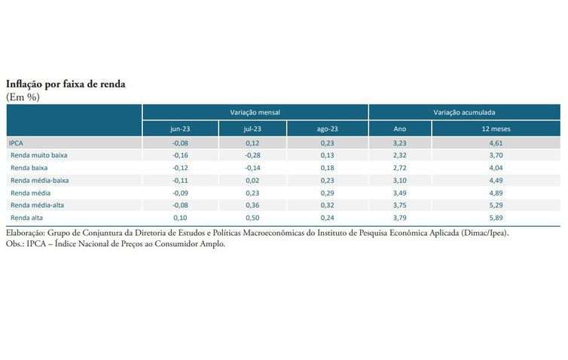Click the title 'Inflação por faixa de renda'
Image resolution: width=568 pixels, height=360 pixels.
[x=66, y=84]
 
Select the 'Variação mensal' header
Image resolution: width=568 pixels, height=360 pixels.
[x=255, y=111]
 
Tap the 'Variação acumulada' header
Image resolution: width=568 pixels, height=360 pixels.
[x=464, y=111]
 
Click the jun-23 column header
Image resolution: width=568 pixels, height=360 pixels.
[x=181, y=129]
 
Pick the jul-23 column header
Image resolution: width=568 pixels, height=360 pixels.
[x=252, y=129]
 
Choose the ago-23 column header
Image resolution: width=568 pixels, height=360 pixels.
[x=327, y=129]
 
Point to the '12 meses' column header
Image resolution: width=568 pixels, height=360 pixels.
[x=496, y=129]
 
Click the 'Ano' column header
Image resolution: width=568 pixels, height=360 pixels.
[x=400, y=129]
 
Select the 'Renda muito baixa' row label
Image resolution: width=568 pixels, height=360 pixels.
[x=38, y=155]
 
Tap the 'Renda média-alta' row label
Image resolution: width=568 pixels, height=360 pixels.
[x=37, y=205]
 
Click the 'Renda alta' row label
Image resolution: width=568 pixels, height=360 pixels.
[x=26, y=218]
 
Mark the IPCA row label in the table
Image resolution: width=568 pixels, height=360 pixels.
[x=16, y=142]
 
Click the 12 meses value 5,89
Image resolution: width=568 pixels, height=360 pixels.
[x=496, y=218]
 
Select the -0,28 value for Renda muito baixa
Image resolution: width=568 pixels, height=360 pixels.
[x=252, y=155]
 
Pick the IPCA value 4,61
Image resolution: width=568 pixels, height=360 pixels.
[x=496, y=142]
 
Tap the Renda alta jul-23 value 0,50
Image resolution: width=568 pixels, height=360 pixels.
[x=252, y=218]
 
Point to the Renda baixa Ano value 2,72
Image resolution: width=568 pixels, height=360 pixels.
[x=400, y=167]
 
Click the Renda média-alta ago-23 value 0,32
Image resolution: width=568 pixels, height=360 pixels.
[x=327, y=205]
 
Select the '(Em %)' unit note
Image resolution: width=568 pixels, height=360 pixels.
[x=23, y=97]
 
